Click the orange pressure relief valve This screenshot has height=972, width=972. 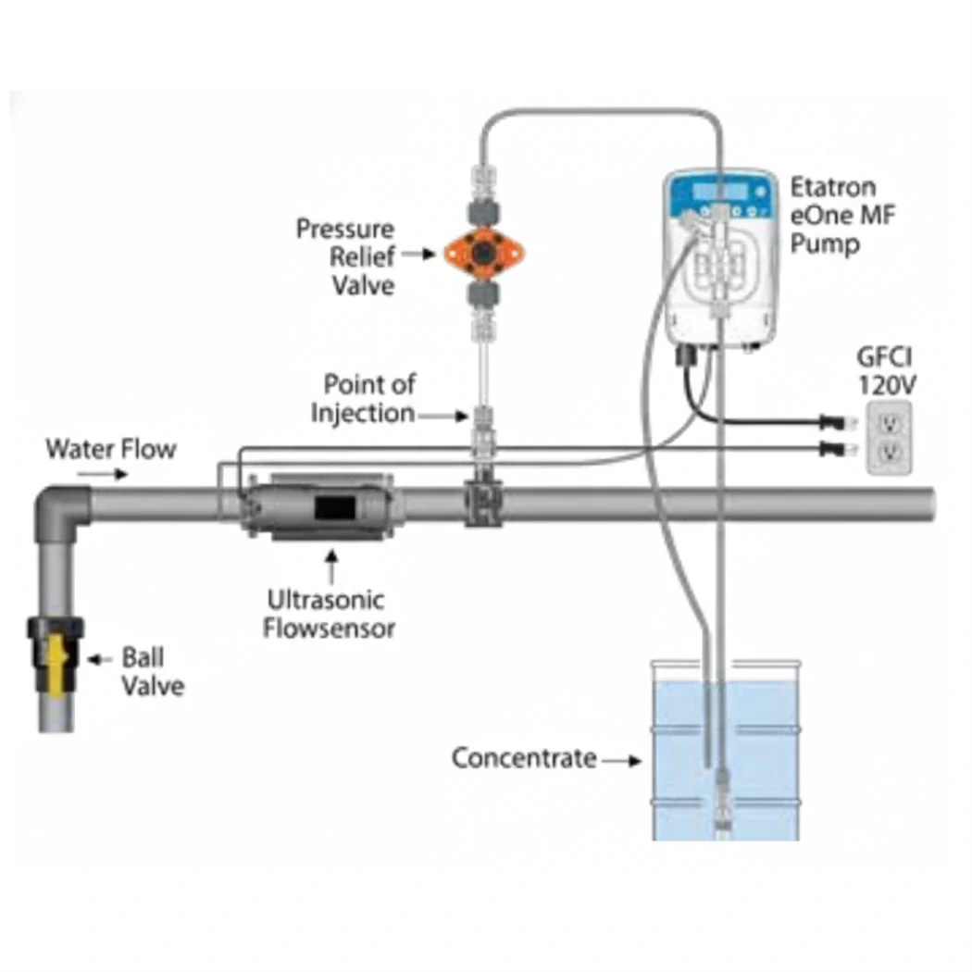484,253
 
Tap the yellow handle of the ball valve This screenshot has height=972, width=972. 56,658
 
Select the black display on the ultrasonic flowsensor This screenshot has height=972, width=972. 335,508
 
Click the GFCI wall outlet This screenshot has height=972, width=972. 889,438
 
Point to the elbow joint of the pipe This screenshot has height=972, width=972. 60,507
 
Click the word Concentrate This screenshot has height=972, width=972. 524,758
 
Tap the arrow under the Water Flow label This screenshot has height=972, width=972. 102,475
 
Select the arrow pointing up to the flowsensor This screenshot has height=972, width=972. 331,567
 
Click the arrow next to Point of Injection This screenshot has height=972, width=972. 442,416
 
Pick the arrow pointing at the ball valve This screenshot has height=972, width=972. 99,659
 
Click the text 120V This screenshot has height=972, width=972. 887,386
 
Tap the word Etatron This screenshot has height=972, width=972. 832,187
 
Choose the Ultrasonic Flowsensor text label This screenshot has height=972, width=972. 329,614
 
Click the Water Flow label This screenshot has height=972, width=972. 111,449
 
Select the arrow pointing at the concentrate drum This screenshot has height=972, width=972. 622,760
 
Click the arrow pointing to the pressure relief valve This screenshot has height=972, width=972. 418,254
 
